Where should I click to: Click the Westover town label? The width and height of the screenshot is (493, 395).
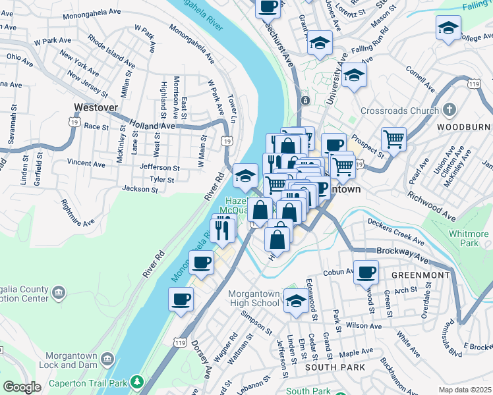(x=96, y=107)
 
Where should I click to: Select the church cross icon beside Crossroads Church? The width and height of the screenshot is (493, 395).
(x=449, y=110)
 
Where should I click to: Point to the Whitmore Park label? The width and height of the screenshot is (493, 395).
(x=469, y=238)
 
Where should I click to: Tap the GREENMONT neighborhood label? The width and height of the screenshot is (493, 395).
(x=420, y=275)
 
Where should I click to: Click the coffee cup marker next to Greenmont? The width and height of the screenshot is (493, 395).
(x=366, y=271)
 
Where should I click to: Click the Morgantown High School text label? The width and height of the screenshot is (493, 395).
(x=254, y=298)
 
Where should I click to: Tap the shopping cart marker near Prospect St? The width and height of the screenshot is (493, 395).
(x=393, y=138)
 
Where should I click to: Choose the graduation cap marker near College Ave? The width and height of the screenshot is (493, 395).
(x=448, y=28)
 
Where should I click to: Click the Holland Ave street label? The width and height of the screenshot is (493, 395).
(x=152, y=125)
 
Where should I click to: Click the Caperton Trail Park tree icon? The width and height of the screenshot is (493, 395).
(x=137, y=381)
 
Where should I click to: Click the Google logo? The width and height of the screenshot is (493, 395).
(x=22, y=387)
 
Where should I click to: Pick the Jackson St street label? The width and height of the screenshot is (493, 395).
(x=140, y=189)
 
